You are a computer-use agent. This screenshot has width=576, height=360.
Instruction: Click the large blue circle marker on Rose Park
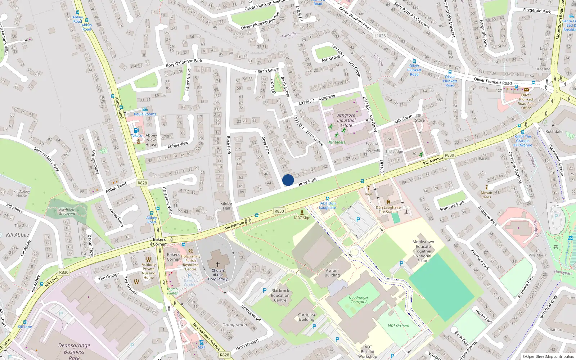[x=288, y=180]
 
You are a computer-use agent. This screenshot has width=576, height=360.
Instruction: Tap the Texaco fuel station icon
[x=136, y=131]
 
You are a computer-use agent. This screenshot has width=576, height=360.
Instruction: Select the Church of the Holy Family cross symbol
[x=217, y=264]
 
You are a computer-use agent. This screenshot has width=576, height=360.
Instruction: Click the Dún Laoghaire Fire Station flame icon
[x=388, y=202]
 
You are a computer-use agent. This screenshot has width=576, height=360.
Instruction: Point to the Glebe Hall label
[x=226, y=206]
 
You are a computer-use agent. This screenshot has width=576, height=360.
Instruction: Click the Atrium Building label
[x=332, y=273]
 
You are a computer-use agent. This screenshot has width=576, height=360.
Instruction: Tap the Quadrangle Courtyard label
[x=358, y=300]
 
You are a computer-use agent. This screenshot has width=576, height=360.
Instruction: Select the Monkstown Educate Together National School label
[x=423, y=251]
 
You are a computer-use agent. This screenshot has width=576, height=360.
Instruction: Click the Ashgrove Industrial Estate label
[x=346, y=120]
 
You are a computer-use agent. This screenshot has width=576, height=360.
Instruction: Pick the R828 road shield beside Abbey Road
[x=142, y=183]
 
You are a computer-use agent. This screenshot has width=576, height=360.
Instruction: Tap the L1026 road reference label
[x=380, y=36]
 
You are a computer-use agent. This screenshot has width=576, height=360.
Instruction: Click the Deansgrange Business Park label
[x=74, y=351]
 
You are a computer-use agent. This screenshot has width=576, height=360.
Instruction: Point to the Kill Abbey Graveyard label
[x=67, y=211]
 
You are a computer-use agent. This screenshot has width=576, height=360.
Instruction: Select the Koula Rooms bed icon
[x=145, y=109]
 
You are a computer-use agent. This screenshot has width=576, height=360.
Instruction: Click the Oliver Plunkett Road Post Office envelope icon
[x=526, y=89]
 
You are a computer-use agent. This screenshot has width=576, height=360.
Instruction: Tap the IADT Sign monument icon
[x=302, y=212]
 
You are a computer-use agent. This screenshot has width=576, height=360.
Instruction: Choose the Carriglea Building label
[x=306, y=317]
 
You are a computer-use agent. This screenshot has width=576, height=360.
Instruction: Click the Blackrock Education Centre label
[x=280, y=295]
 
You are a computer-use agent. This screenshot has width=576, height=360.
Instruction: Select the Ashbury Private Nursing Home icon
[x=148, y=259]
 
